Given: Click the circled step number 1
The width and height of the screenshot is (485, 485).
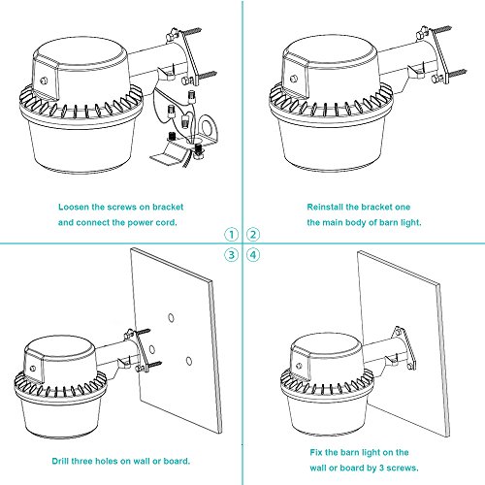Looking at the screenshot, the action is tap(231, 235).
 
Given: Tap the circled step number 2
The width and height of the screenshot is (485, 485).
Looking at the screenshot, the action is tap(253, 235).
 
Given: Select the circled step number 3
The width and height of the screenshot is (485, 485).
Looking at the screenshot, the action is tap(231, 255).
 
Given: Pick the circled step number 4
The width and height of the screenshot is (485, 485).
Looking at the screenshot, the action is tap(253, 255).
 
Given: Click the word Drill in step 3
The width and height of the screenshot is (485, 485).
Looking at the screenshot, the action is tap(60, 461).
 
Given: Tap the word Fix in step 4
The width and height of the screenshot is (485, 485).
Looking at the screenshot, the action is tap(316, 452).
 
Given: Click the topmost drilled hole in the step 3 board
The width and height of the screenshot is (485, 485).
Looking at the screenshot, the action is tap(171, 318).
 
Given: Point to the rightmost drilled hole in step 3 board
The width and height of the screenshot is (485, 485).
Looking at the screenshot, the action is tap(189, 361).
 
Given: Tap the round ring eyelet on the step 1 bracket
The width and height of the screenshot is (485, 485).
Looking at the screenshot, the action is tap(208, 126).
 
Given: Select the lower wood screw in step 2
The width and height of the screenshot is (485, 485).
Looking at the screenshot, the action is tap(456, 73).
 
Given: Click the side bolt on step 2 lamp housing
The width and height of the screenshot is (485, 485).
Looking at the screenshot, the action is tap(294, 79).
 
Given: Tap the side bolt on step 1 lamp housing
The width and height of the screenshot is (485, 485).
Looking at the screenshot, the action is tap(44, 81).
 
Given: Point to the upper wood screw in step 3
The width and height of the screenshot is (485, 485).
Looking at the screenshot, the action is tap(143, 332).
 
